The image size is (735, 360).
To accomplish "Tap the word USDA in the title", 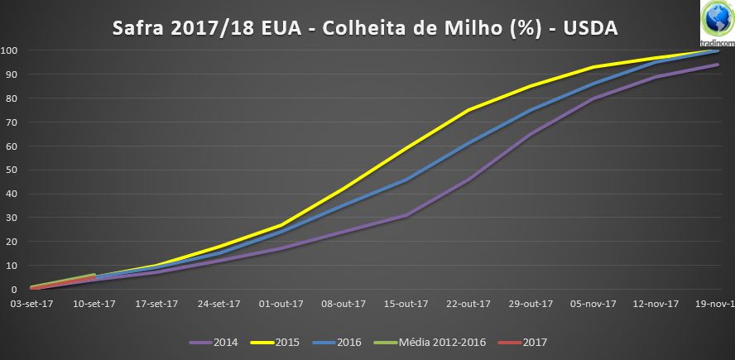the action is [590, 29].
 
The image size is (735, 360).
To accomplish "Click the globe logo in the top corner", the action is [717, 18].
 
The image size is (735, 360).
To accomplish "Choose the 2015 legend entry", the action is [275, 342].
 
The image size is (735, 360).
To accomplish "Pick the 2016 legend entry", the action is [337, 342].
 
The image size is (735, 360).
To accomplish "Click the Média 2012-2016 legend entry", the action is [430, 342].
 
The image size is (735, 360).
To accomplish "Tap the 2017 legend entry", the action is [522, 342].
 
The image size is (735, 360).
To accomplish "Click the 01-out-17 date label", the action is [281, 304].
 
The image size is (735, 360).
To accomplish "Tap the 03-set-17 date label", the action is [31, 304].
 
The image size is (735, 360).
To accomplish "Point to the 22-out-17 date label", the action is [468, 304].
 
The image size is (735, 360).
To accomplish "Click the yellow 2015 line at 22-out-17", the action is [468, 110].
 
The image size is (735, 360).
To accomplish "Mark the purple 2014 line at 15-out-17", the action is [406, 215].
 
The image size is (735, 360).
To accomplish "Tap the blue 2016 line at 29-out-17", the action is [531, 110].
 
